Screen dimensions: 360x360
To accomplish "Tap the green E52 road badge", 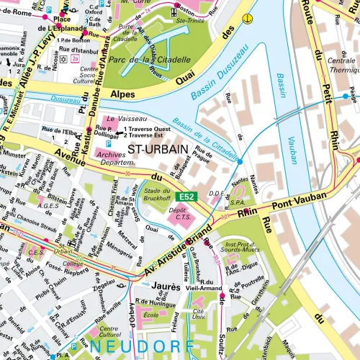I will (186, 197).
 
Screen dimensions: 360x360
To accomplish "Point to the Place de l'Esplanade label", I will (52, 23).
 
